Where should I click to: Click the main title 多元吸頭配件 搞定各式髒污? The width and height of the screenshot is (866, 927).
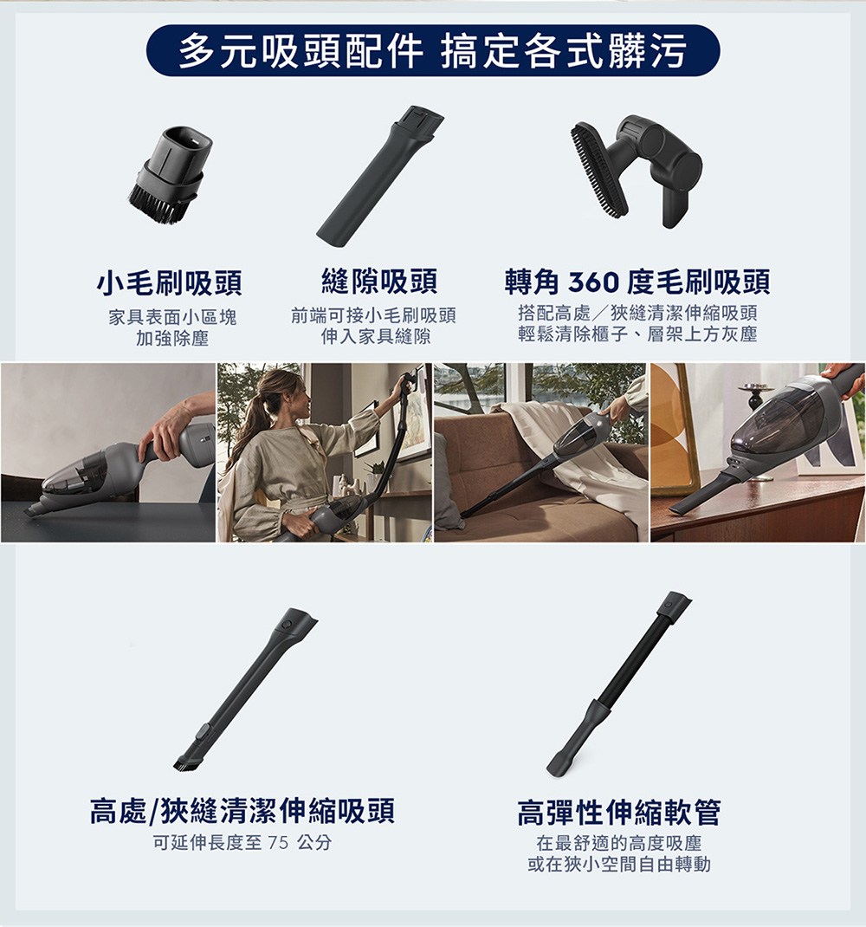(432, 51)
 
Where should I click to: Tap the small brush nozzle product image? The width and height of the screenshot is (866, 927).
(169, 178)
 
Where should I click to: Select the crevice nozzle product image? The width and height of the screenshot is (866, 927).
(379, 172)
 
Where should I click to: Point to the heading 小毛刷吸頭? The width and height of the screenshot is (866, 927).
(169, 282)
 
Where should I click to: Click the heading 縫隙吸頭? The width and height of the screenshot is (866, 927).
(378, 282)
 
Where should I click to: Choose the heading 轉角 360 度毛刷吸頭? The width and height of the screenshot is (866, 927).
(637, 282)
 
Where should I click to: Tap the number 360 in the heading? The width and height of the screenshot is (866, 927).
(593, 282)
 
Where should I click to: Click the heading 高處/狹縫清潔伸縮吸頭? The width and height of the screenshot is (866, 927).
(242, 811)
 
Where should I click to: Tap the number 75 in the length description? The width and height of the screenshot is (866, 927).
(277, 843)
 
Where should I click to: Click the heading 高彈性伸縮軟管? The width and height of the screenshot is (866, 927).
(618, 813)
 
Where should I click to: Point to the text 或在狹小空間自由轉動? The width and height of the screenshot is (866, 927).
(618, 864)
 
